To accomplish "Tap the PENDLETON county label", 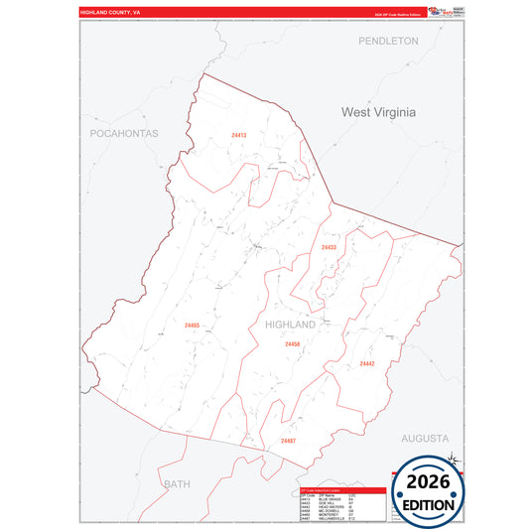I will point(389,42).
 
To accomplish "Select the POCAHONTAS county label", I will point(124,133).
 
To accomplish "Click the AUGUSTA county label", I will point(425,438).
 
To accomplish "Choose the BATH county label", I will point(176,484).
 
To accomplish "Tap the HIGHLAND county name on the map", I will point(290,326).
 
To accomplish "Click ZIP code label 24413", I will point(238,134).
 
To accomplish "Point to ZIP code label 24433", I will point(330,247).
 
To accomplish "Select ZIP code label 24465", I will point(192,325).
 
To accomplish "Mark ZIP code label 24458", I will point(292,344).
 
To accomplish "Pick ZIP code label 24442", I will point(367,364).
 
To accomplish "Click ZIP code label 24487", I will point(288,440).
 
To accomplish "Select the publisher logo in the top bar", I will point(437,11).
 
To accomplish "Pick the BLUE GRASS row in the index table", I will point(333,500).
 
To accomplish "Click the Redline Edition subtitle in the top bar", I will point(396,14).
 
